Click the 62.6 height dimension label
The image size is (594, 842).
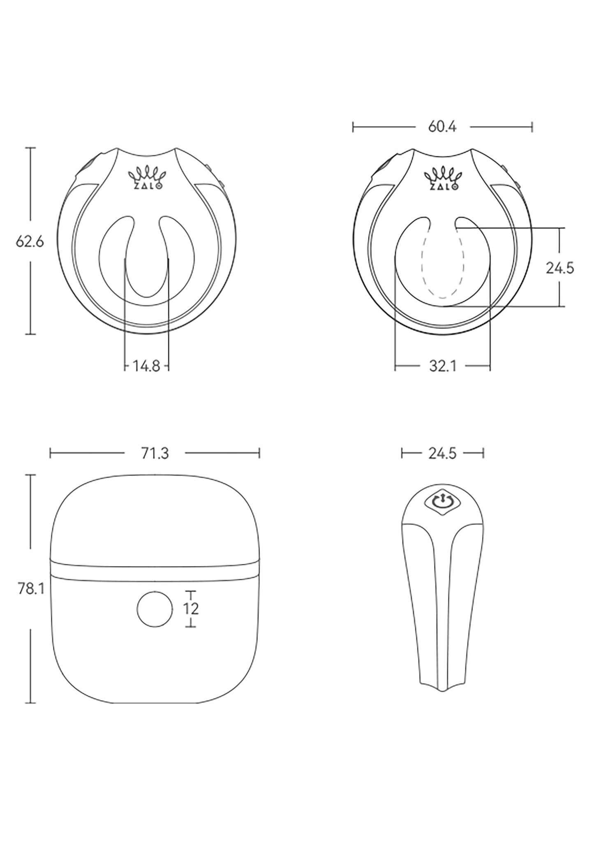30,242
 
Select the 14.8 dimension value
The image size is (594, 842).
146,366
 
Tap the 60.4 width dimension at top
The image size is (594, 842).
442,127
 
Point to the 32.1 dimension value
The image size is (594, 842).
443,366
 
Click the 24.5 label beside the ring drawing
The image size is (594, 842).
559,268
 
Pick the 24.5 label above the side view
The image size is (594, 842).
442,454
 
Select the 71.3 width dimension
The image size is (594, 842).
155,454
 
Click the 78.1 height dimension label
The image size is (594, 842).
31,589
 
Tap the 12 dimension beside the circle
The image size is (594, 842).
191,609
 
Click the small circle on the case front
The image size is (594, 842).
155,609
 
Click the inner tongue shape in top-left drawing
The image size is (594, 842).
146,267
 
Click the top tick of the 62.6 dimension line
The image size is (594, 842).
30,147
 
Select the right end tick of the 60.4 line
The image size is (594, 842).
532,127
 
